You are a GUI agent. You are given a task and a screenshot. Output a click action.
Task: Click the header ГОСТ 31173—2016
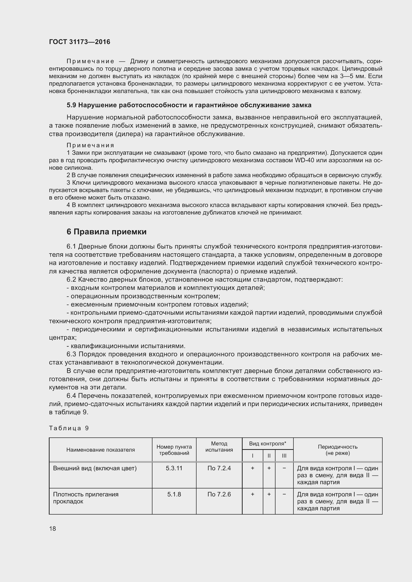[x=79, y=42]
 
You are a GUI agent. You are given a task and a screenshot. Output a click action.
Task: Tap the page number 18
[x=53, y=529]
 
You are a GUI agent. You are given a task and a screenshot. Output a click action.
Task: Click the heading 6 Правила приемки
[x=107, y=232]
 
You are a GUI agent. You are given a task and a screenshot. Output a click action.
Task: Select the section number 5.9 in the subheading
[x=71, y=105]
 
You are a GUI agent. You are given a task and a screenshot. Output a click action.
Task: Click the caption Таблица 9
[x=69, y=428]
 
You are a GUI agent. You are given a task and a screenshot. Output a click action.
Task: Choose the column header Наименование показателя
[x=100, y=450]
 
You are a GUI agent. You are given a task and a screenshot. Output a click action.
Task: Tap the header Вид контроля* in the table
[x=267, y=444]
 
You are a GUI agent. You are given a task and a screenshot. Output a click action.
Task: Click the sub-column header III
[x=284, y=456]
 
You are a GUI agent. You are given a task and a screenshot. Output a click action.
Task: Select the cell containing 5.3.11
[x=174, y=468]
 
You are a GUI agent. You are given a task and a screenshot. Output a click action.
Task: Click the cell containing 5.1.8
[x=174, y=494]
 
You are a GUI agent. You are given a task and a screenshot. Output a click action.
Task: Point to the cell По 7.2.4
[x=219, y=468]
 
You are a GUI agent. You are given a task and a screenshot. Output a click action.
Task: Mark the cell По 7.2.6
[x=219, y=494]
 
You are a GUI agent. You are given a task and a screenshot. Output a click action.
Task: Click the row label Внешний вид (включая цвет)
[x=95, y=468]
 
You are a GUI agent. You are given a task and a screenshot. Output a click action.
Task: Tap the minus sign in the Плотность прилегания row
[x=284, y=494]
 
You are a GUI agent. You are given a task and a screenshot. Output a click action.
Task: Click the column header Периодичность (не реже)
[x=338, y=450]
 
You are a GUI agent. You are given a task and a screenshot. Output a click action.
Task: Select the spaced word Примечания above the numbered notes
[x=90, y=145]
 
